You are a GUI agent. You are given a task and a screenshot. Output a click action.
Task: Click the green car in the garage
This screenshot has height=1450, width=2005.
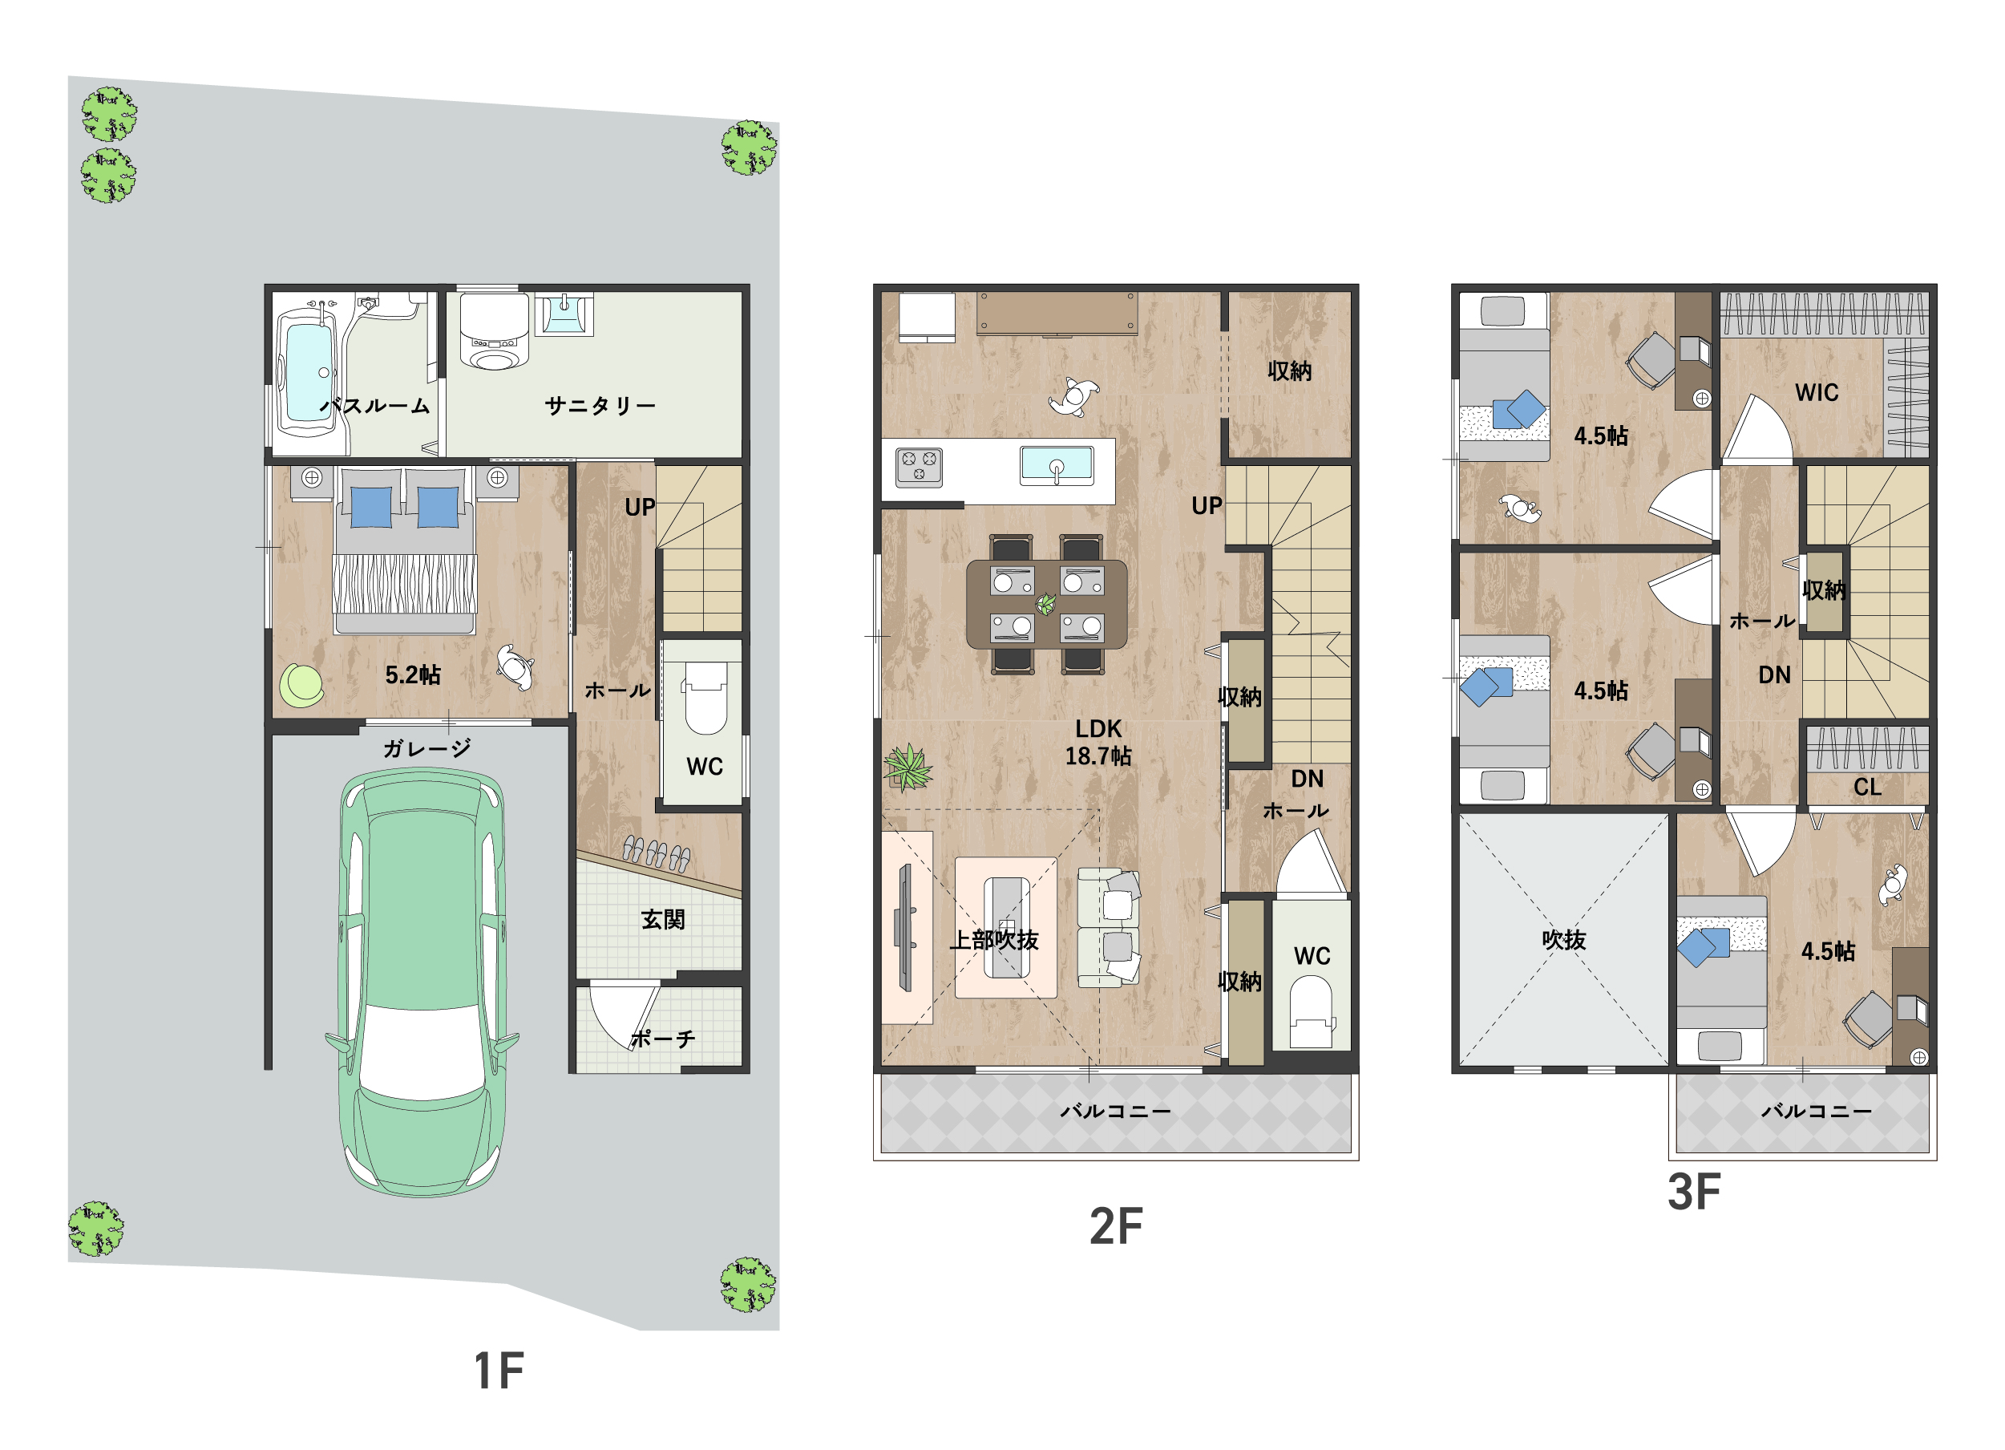[422, 982]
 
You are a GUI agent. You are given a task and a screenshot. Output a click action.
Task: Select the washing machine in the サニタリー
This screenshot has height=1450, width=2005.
[493, 331]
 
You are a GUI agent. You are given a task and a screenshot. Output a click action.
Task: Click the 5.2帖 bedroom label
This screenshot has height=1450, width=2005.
[413, 675]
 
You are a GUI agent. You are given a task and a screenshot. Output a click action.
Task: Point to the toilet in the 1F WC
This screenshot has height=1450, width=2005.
[705, 698]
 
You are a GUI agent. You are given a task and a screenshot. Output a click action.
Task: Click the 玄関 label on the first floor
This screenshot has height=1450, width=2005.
[663, 920]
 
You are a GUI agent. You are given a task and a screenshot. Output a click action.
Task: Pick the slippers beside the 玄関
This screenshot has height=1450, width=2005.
[656, 853]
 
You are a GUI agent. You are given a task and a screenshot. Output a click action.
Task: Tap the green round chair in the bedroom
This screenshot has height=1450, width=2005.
[301, 686]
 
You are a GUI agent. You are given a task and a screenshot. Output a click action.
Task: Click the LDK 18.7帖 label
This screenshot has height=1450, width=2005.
[1098, 743]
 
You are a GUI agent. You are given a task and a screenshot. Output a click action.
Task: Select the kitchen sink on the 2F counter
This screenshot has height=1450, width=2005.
[1057, 465]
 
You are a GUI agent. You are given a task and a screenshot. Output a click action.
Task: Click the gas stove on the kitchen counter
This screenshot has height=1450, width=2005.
[920, 467]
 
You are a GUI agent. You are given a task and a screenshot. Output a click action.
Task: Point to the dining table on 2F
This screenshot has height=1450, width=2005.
[1047, 605]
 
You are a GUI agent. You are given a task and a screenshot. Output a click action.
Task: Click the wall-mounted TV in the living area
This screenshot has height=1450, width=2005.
[904, 927]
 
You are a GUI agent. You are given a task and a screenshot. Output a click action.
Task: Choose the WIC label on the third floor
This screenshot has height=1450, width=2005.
[1817, 392]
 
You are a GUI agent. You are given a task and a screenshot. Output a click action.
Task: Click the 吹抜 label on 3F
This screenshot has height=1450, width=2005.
[1564, 940]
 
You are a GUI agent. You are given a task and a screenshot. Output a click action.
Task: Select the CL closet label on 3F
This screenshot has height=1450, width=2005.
[1867, 787]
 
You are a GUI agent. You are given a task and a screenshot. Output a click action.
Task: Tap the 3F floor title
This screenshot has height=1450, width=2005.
[1694, 1192]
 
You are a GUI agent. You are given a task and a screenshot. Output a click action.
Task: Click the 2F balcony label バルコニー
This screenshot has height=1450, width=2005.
[1116, 1112]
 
